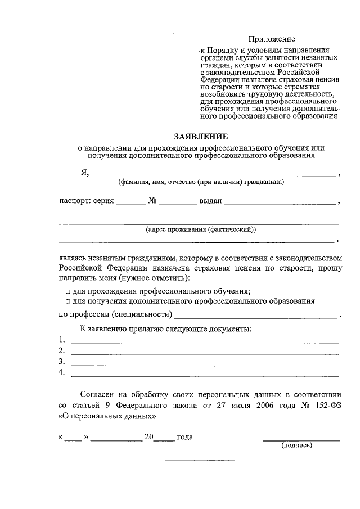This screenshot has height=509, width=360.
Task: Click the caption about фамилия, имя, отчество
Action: (x=200, y=182)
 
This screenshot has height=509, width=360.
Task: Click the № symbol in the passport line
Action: (x=152, y=200)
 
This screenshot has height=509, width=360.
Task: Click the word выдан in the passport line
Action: (x=211, y=201)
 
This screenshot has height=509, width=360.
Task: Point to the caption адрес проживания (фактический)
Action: (x=200, y=229)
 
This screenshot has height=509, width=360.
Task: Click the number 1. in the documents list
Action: (x=62, y=340)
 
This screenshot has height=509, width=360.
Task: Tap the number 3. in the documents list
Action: (x=62, y=362)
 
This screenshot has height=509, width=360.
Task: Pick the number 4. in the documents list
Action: (x=62, y=372)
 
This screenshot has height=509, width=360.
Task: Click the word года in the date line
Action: (x=185, y=437)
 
